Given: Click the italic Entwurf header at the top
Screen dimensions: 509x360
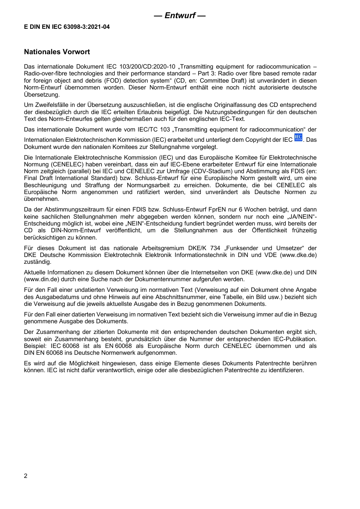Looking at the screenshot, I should point(180,16).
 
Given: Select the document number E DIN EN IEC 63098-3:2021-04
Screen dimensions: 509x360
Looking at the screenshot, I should point(67,27).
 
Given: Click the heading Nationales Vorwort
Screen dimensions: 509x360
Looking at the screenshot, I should point(57,52).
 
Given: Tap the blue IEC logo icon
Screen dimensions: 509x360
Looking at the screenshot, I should point(299,138).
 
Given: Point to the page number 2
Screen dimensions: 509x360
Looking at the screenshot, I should point(26,476).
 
